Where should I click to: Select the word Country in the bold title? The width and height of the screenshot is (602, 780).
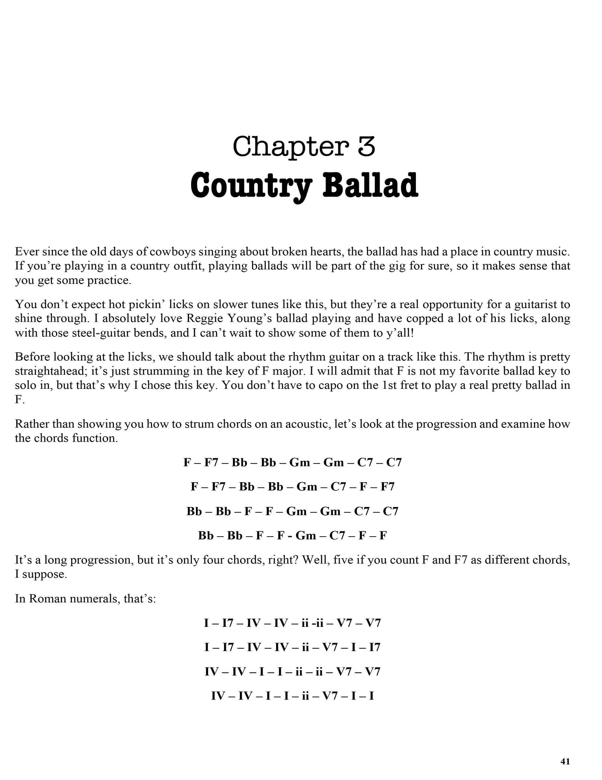(251, 186)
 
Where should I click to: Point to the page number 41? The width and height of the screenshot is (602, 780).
(565, 762)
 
